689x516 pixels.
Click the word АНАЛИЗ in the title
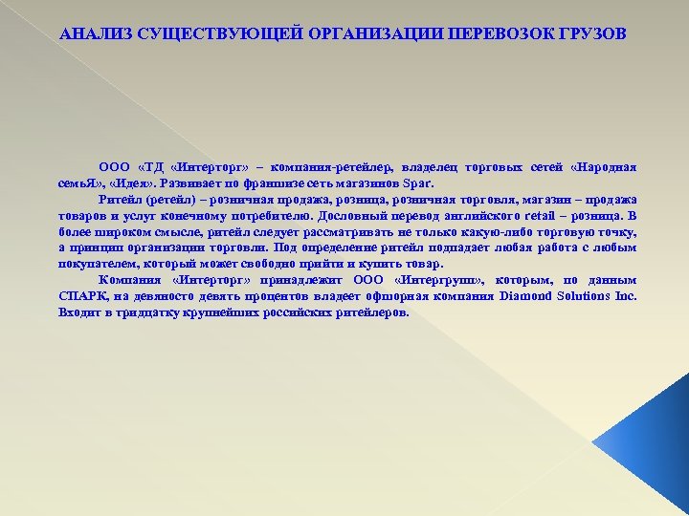click(x=93, y=34)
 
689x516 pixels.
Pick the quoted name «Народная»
click(x=603, y=166)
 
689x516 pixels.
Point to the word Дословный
click(x=356, y=216)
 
